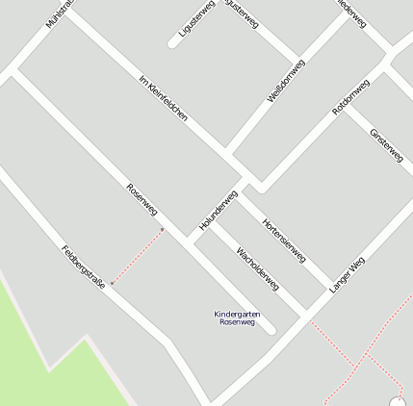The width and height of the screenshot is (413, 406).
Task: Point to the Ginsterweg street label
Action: (x=386, y=144)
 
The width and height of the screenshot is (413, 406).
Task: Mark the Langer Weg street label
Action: (x=348, y=275)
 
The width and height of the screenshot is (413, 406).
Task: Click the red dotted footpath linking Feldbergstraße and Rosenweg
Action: (x=138, y=256)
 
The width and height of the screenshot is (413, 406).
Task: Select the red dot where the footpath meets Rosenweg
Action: (x=163, y=229)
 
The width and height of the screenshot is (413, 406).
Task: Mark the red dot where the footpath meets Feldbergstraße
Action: (x=112, y=283)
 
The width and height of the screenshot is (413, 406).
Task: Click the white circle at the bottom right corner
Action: (x=398, y=401)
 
